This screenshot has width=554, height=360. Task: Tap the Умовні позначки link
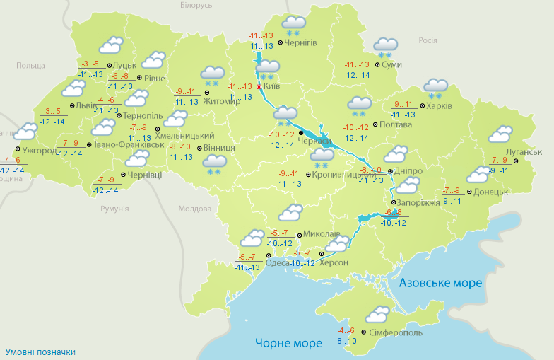click(40, 352)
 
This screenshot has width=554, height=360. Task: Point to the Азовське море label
click(440, 283)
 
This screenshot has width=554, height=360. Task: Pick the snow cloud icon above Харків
click(435, 88)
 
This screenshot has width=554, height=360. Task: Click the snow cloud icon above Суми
click(386, 47)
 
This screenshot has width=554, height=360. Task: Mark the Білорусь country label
click(196, 5)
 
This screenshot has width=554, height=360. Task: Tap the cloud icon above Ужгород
click(26, 132)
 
